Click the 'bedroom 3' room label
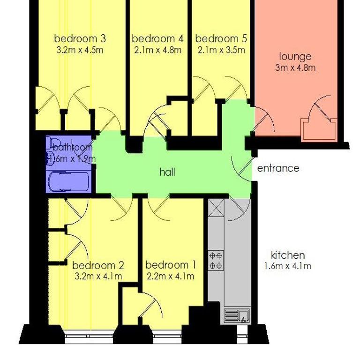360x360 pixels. tap(80, 38)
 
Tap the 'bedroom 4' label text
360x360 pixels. tap(157, 38)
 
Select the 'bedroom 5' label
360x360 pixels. tap(221, 38)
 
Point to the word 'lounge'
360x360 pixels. tap(295, 57)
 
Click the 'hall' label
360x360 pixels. tap(167, 172)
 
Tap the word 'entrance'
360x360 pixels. tap(278, 168)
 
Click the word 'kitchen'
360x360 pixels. tap(288, 255)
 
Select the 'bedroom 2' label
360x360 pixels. tap(98, 265)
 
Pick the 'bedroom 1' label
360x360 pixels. tap(171, 265)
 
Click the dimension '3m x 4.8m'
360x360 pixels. tap(295, 67)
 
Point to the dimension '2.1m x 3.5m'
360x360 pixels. tap(221, 50)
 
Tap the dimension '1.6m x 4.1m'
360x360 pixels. tap(288, 266)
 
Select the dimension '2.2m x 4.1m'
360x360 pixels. tap(170, 276)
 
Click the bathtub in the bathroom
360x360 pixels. tap(68, 181)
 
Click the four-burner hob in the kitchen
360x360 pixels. tap(216, 260)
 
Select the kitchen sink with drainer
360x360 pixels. tap(237, 315)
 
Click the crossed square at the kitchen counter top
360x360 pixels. tap(216, 208)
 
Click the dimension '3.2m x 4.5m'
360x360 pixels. tap(80, 50)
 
